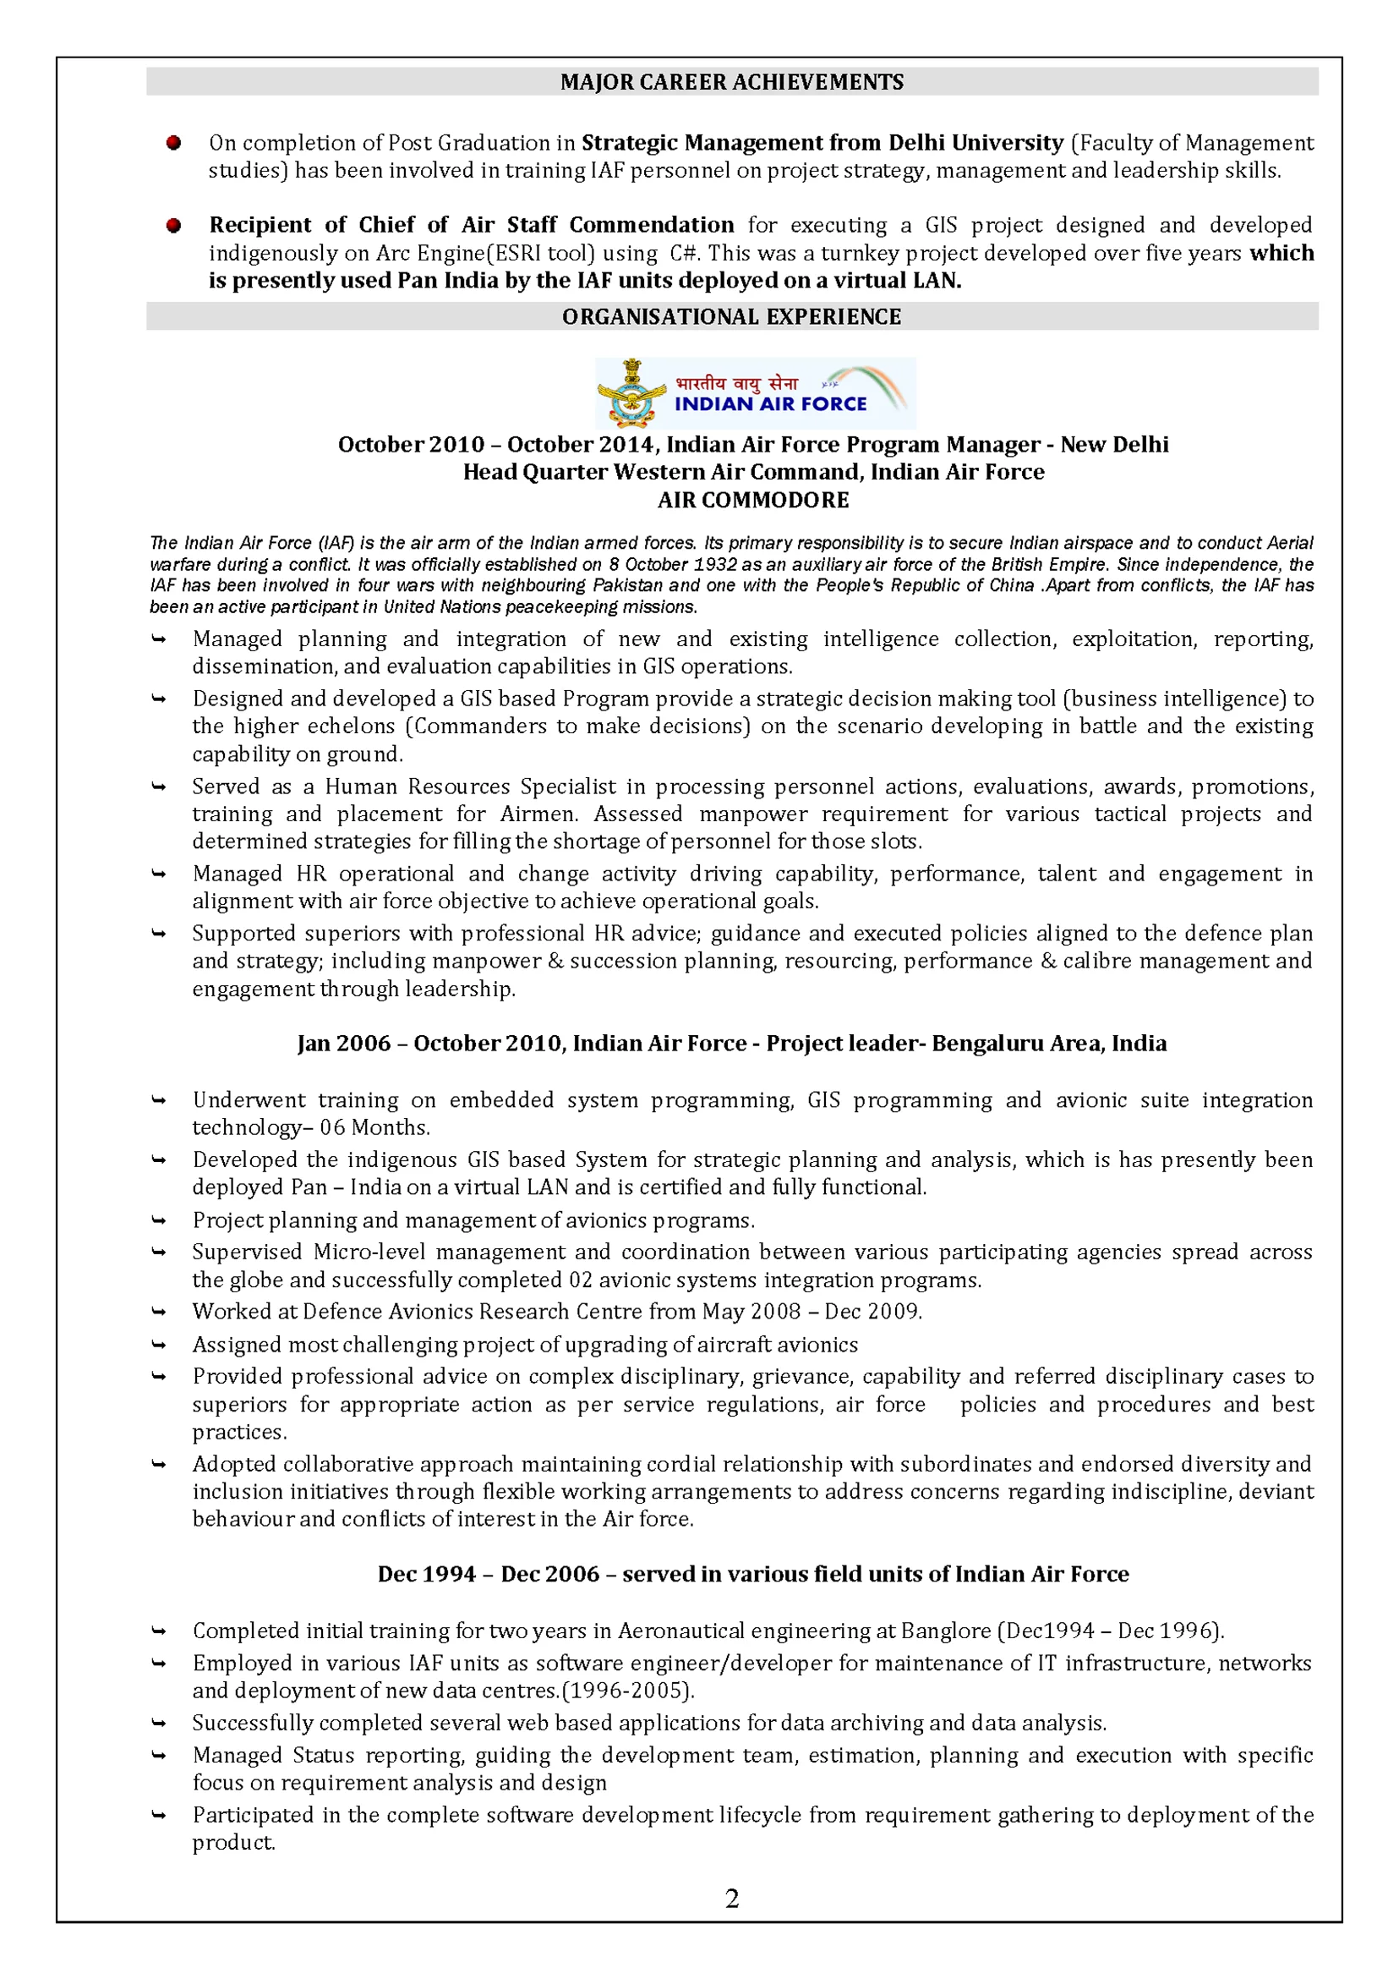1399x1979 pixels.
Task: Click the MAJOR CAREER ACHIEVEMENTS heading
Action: click(x=731, y=82)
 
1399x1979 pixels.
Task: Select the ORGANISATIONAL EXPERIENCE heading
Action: click(x=731, y=316)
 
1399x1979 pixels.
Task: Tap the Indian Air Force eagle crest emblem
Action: click(x=631, y=394)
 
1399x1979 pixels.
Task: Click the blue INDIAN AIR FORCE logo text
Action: click(x=770, y=404)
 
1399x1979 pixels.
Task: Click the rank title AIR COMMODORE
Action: click(x=753, y=500)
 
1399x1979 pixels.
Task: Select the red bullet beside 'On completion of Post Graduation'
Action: click(x=174, y=143)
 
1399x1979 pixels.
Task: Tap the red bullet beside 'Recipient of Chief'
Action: click(x=174, y=226)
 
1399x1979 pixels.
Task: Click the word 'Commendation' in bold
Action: click(x=651, y=225)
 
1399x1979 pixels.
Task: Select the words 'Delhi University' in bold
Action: click(x=976, y=142)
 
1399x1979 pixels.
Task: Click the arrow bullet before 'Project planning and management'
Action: click(x=159, y=1220)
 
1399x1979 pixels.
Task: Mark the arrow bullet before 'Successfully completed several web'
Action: click(x=159, y=1724)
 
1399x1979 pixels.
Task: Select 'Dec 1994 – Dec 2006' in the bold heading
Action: click(x=488, y=1575)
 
